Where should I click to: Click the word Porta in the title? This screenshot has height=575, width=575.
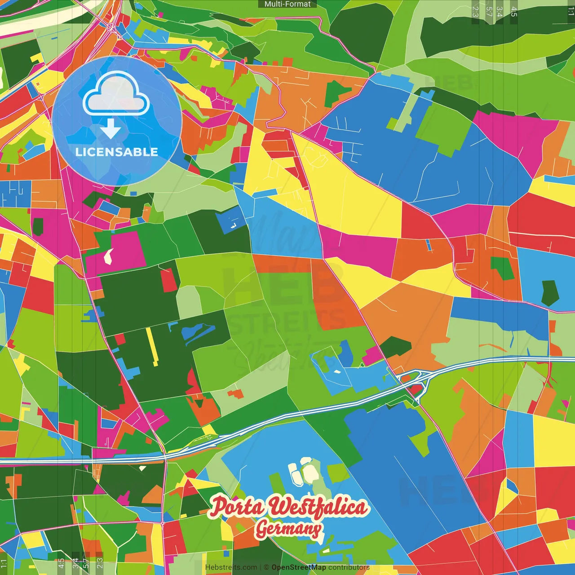click(237, 506)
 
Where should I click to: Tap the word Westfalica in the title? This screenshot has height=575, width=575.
click(318, 508)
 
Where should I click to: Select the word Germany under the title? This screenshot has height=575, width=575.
click(288, 529)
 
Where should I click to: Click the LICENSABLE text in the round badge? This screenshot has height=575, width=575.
click(117, 152)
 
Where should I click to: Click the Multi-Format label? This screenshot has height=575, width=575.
click(287, 4)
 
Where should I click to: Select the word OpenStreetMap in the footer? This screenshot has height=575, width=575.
click(299, 567)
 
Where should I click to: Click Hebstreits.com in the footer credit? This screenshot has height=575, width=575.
click(231, 567)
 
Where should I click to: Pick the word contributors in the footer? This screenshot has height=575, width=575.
click(349, 567)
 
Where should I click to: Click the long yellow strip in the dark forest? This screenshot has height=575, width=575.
click(152, 346)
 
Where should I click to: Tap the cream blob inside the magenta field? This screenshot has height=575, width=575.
click(108, 256)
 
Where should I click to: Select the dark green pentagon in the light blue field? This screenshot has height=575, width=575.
click(549, 292)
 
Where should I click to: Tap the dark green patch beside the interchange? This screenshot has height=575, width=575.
click(395, 346)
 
